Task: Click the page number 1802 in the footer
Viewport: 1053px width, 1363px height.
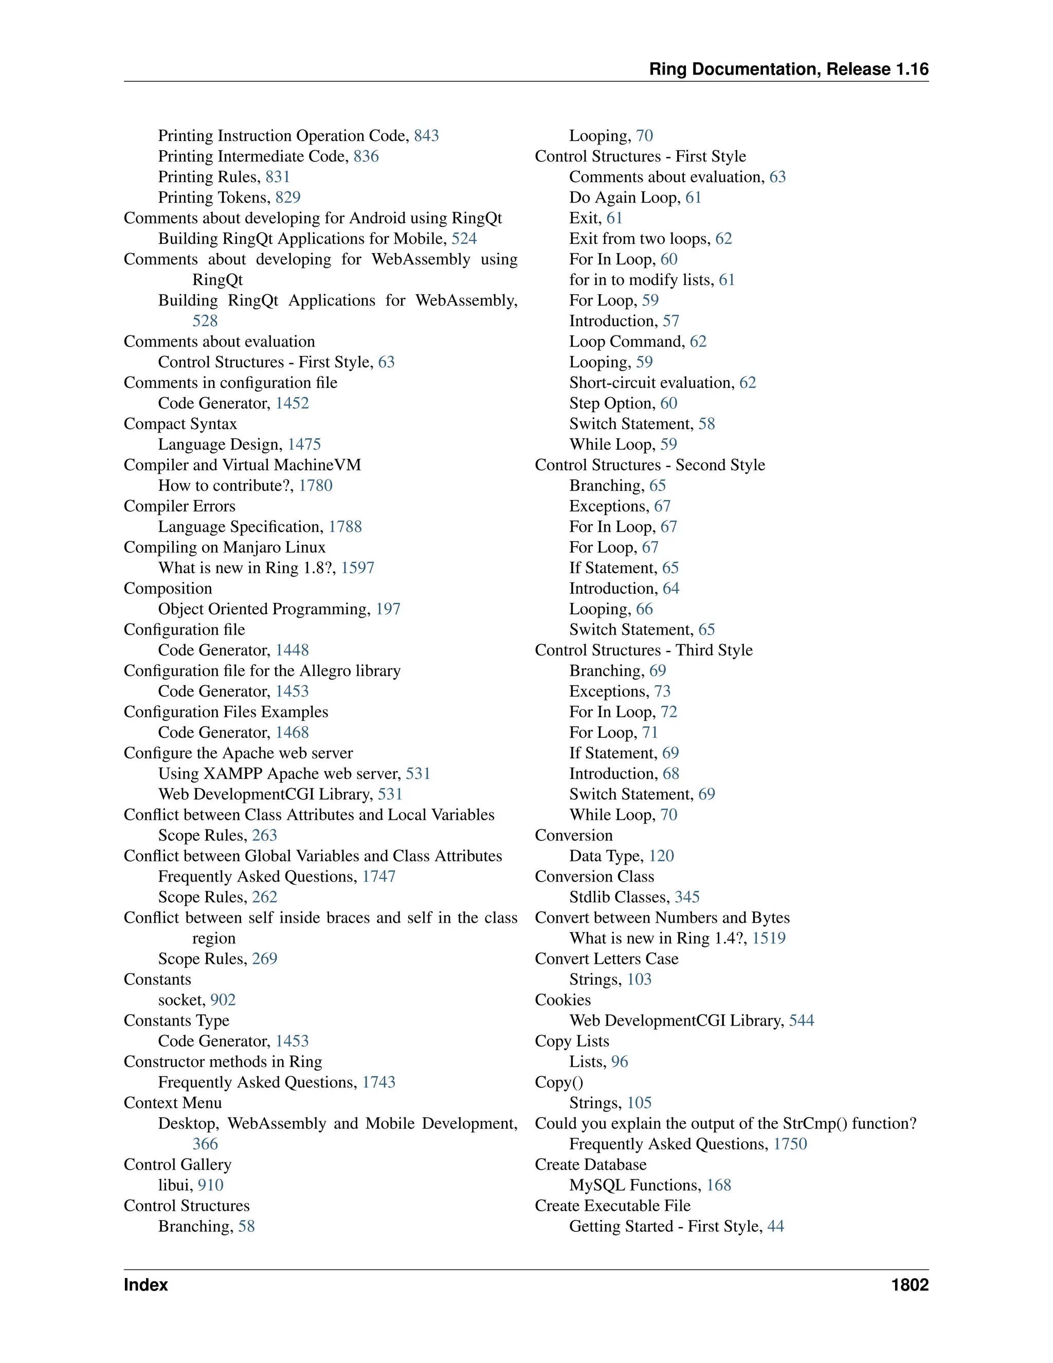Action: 910,1285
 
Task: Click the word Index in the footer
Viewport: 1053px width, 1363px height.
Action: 146,1285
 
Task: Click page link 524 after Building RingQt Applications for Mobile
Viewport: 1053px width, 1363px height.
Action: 464,239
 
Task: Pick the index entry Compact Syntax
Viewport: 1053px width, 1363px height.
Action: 180,424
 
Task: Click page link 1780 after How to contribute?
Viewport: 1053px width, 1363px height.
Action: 316,486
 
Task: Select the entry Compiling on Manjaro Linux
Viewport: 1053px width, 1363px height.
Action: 225,547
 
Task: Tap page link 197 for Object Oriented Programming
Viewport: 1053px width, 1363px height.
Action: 388,609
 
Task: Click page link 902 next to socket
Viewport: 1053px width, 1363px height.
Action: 223,1000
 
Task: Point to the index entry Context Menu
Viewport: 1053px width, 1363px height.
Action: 173,1103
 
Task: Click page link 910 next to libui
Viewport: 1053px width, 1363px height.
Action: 210,1185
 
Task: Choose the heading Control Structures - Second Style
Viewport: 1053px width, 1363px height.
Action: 649,465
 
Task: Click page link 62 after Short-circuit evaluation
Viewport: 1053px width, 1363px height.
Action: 747,383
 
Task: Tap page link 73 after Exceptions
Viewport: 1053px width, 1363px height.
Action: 662,691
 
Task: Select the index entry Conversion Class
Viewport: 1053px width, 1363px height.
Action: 594,877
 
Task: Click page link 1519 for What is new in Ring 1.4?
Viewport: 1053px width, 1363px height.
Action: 769,938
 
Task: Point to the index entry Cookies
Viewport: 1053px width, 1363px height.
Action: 562,1000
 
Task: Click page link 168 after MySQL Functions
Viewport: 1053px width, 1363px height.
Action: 719,1185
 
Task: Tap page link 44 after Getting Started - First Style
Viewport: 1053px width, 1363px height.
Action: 775,1226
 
